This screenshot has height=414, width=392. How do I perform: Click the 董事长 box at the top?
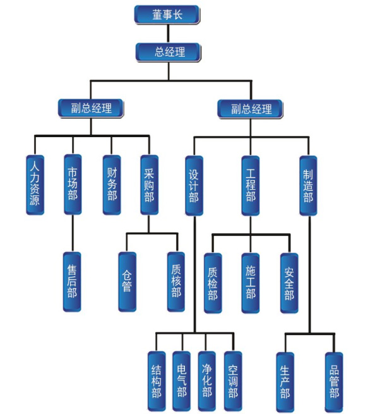tap(167, 15)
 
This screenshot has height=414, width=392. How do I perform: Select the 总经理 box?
tap(169, 52)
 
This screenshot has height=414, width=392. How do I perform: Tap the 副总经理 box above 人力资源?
tap(90, 108)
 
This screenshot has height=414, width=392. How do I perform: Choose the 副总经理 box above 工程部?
tap(250, 108)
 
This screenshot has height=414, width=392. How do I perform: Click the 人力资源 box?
tap(35, 184)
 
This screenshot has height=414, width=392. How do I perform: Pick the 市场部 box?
tap(73, 184)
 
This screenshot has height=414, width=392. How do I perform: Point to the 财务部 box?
tap(112, 184)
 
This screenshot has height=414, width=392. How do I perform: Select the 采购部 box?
tap(149, 184)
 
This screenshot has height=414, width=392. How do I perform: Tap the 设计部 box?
tap(194, 184)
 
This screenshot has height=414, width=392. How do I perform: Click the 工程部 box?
tap(251, 184)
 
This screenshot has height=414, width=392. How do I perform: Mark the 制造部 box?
tap(308, 184)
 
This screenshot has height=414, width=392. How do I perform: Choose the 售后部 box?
tap(72, 281)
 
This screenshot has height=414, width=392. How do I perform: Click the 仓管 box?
tap(128, 281)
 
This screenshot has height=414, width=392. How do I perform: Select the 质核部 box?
tap(176, 281)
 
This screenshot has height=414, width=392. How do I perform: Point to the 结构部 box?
tap(157, 380)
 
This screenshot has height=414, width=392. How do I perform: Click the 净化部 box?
tap(207, 380)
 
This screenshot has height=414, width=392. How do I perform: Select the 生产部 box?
tap(285, 380)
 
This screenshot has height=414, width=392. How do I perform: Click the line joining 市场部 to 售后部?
tap(73, 233)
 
